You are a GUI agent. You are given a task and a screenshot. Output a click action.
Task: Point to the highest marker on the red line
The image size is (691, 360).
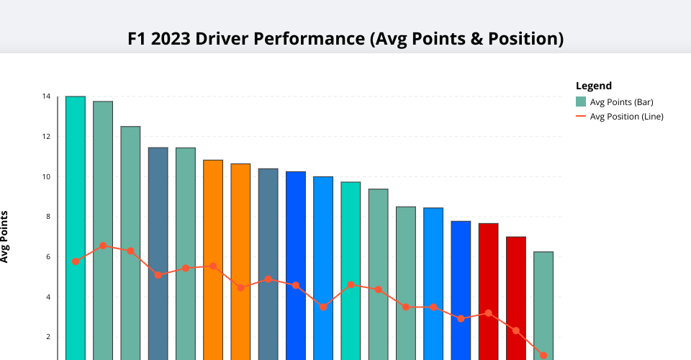coord(103,246)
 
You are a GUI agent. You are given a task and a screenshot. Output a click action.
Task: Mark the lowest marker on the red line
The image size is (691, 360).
coord(543,356)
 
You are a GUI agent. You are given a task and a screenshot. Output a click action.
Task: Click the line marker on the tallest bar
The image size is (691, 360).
coord(76,261)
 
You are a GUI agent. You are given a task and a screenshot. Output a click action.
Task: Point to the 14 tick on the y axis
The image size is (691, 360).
coord(46,96)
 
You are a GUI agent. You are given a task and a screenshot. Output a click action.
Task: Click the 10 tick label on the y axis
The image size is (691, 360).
coord(46,176)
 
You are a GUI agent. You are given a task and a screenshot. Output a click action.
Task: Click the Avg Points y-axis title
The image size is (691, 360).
coord(5,236)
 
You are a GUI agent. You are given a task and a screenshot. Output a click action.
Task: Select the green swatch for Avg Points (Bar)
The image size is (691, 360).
coord(581,102)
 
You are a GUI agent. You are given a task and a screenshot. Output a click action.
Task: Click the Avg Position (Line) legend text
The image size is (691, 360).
coord(626,116)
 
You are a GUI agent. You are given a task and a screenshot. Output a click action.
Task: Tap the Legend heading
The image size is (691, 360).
coord(594,86)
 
